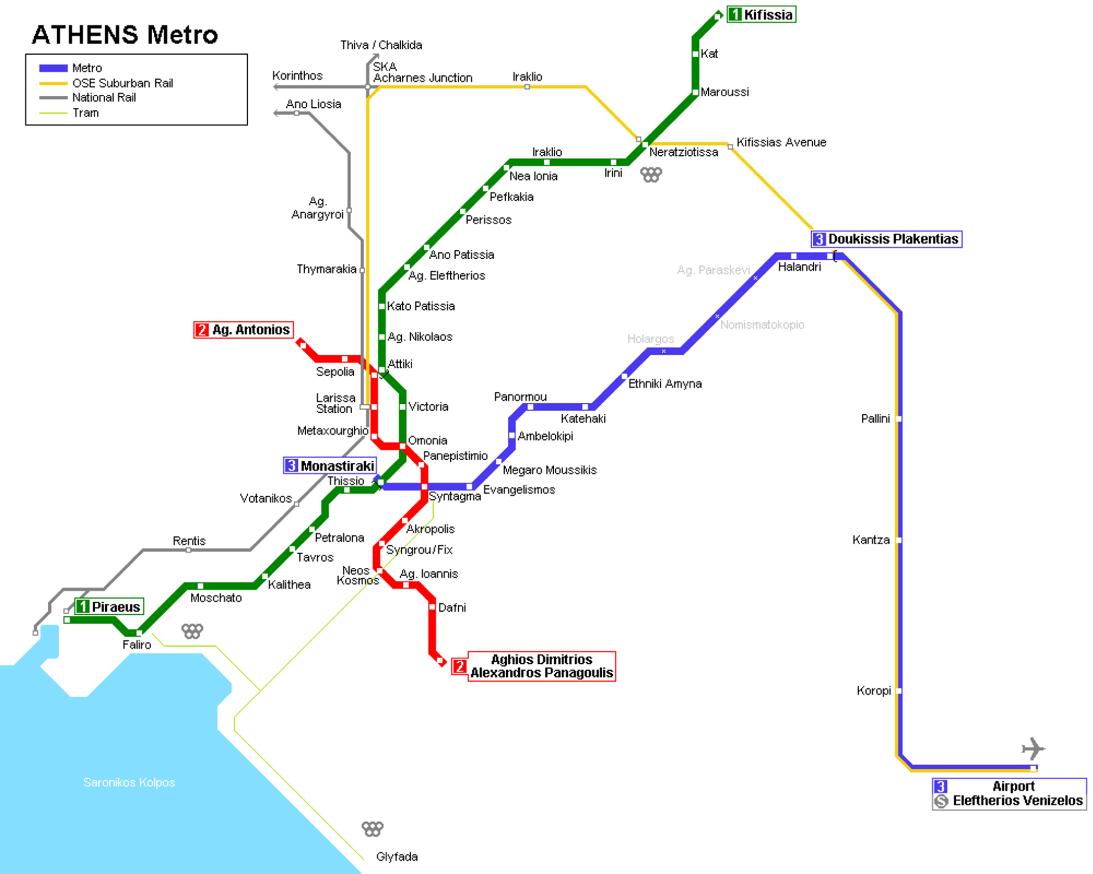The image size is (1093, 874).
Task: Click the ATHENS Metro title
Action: pyautogui.click(x=125, y=35)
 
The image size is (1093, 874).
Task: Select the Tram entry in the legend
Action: pyautogui.click(x=86, y=113)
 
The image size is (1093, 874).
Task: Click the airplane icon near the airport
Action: pyautogui.click(x=1033, y=749)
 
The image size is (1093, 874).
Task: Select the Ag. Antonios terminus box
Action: pyautogui.click(x=244, y=330)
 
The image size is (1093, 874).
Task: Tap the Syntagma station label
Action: pyautogui.click(x=455, y=496)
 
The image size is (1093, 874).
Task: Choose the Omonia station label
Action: pyautogui.click(x=427, y=441)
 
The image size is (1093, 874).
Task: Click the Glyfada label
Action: pyautogui.click(x=397, y=857)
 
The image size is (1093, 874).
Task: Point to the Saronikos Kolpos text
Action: pyautogui.click(x=129, y=782)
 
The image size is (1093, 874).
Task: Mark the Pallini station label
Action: pyautogui.click(x=875, y=419)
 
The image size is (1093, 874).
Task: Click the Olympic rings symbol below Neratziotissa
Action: pyautogui.click(x=651, y=175)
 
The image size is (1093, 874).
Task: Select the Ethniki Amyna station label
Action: pyautogui.click(x=665, y=384)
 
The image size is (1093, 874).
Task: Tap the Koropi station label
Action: pyautogui.click(x=874, y=691)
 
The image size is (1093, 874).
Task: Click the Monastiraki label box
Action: pyautogui.click(x=330, y=466)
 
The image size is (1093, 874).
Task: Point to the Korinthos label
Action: pyautogui.click(x=297, y=76)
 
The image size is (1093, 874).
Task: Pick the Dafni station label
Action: pyautogui.click(x=452, y=607)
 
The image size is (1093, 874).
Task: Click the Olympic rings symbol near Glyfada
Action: pyautogui.click(x=372, y=829)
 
